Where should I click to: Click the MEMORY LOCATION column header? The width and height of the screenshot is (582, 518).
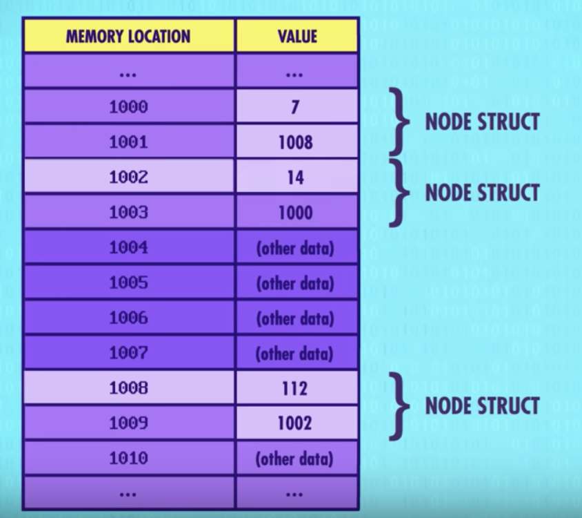(128, 36)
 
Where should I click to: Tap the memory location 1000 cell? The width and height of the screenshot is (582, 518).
(128, 107)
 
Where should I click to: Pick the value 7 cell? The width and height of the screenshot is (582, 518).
(296, 107)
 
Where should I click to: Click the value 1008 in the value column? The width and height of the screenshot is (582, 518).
(296, 142)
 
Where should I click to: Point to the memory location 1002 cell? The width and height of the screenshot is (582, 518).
(128, 178)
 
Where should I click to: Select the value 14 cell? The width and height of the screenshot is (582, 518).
(296, 178)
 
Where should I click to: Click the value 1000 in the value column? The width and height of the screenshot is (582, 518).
(296, 213)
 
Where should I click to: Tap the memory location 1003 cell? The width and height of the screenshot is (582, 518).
(128, 213)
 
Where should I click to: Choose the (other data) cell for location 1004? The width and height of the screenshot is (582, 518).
(296, 248)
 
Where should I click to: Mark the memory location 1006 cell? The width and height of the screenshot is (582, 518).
(128, 318)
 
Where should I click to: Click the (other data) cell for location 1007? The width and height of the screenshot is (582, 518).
(296, 354)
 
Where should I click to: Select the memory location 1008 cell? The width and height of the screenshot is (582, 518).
(128, 388)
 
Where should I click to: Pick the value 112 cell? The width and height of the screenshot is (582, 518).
(296, 388)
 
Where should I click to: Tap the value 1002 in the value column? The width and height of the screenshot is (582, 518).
(296, 423)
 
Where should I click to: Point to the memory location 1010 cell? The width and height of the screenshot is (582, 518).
(128, 459)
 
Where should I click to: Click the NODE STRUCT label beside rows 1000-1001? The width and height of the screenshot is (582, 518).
(481, 122)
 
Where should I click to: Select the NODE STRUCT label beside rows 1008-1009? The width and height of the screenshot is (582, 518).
(481, 405)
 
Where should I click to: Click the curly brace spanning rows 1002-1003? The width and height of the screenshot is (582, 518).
(397, 193)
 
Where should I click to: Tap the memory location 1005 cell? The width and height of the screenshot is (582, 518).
(128, 283)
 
